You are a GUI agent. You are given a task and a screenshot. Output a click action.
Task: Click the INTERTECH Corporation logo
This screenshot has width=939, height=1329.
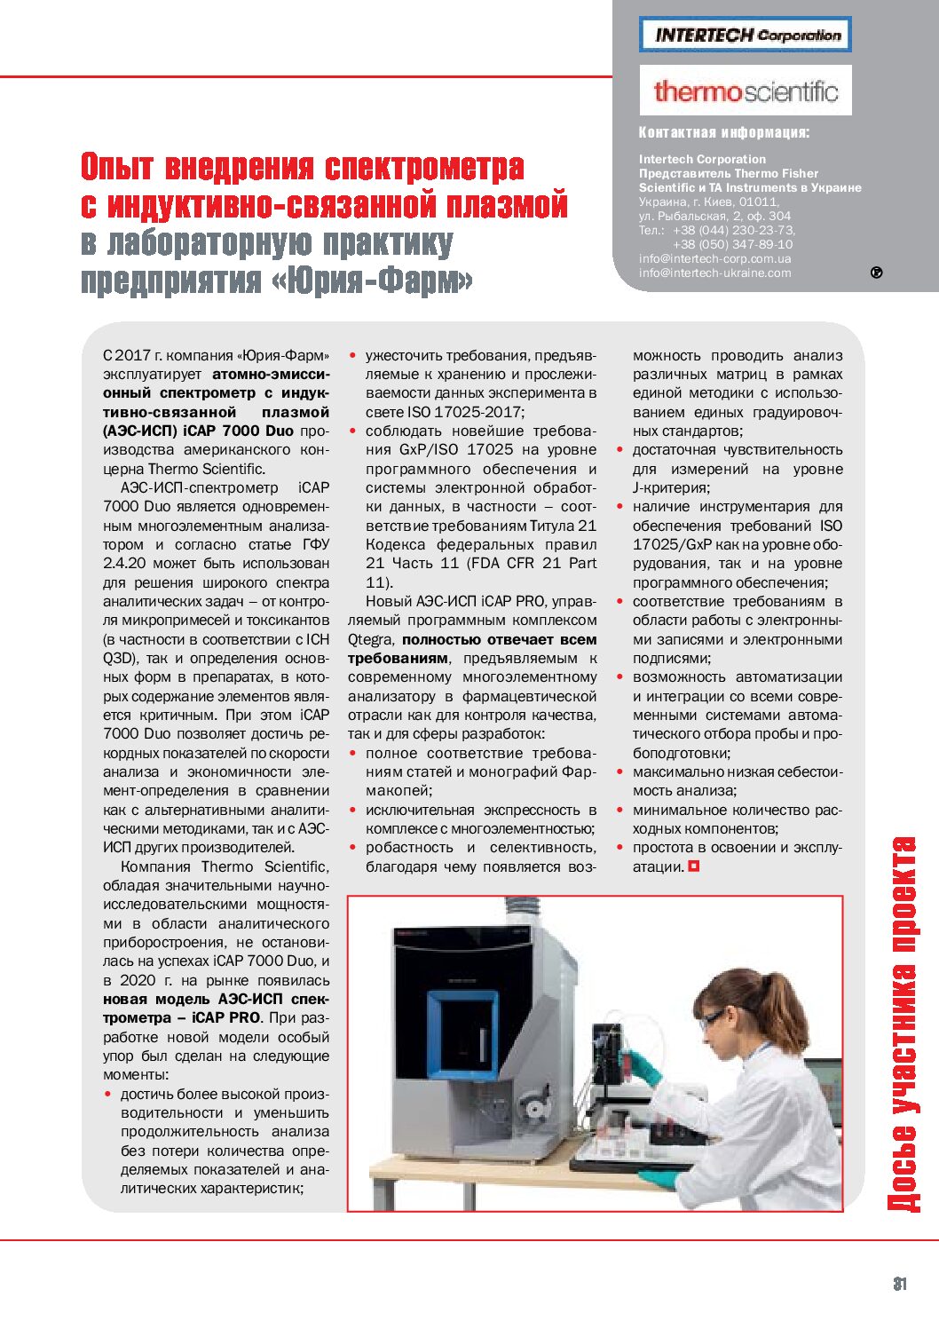pos(745,35)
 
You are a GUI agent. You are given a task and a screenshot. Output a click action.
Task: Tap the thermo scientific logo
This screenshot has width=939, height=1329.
pos(745,91)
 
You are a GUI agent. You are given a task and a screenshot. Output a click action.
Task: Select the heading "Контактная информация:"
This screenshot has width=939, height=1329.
pos(723,133)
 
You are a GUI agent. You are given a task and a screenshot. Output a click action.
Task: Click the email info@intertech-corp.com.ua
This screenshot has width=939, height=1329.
pos(714,258)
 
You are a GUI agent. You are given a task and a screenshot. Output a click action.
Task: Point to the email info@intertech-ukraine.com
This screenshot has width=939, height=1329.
pos(714,273)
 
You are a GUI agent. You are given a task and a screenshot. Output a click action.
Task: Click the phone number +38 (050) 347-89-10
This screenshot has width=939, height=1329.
pos(732,244)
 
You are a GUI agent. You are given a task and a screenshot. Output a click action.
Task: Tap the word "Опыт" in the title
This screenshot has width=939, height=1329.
pos(117,167)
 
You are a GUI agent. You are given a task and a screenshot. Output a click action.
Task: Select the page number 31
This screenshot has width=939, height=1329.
pos(900,1284)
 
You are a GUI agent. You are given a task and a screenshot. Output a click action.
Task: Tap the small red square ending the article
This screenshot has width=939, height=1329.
pos(694,866)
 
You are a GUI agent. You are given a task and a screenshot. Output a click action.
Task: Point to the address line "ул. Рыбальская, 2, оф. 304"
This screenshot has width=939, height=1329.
pos(714,216)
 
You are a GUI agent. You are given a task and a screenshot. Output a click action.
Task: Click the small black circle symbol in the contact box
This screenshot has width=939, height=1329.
pos(876,273)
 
